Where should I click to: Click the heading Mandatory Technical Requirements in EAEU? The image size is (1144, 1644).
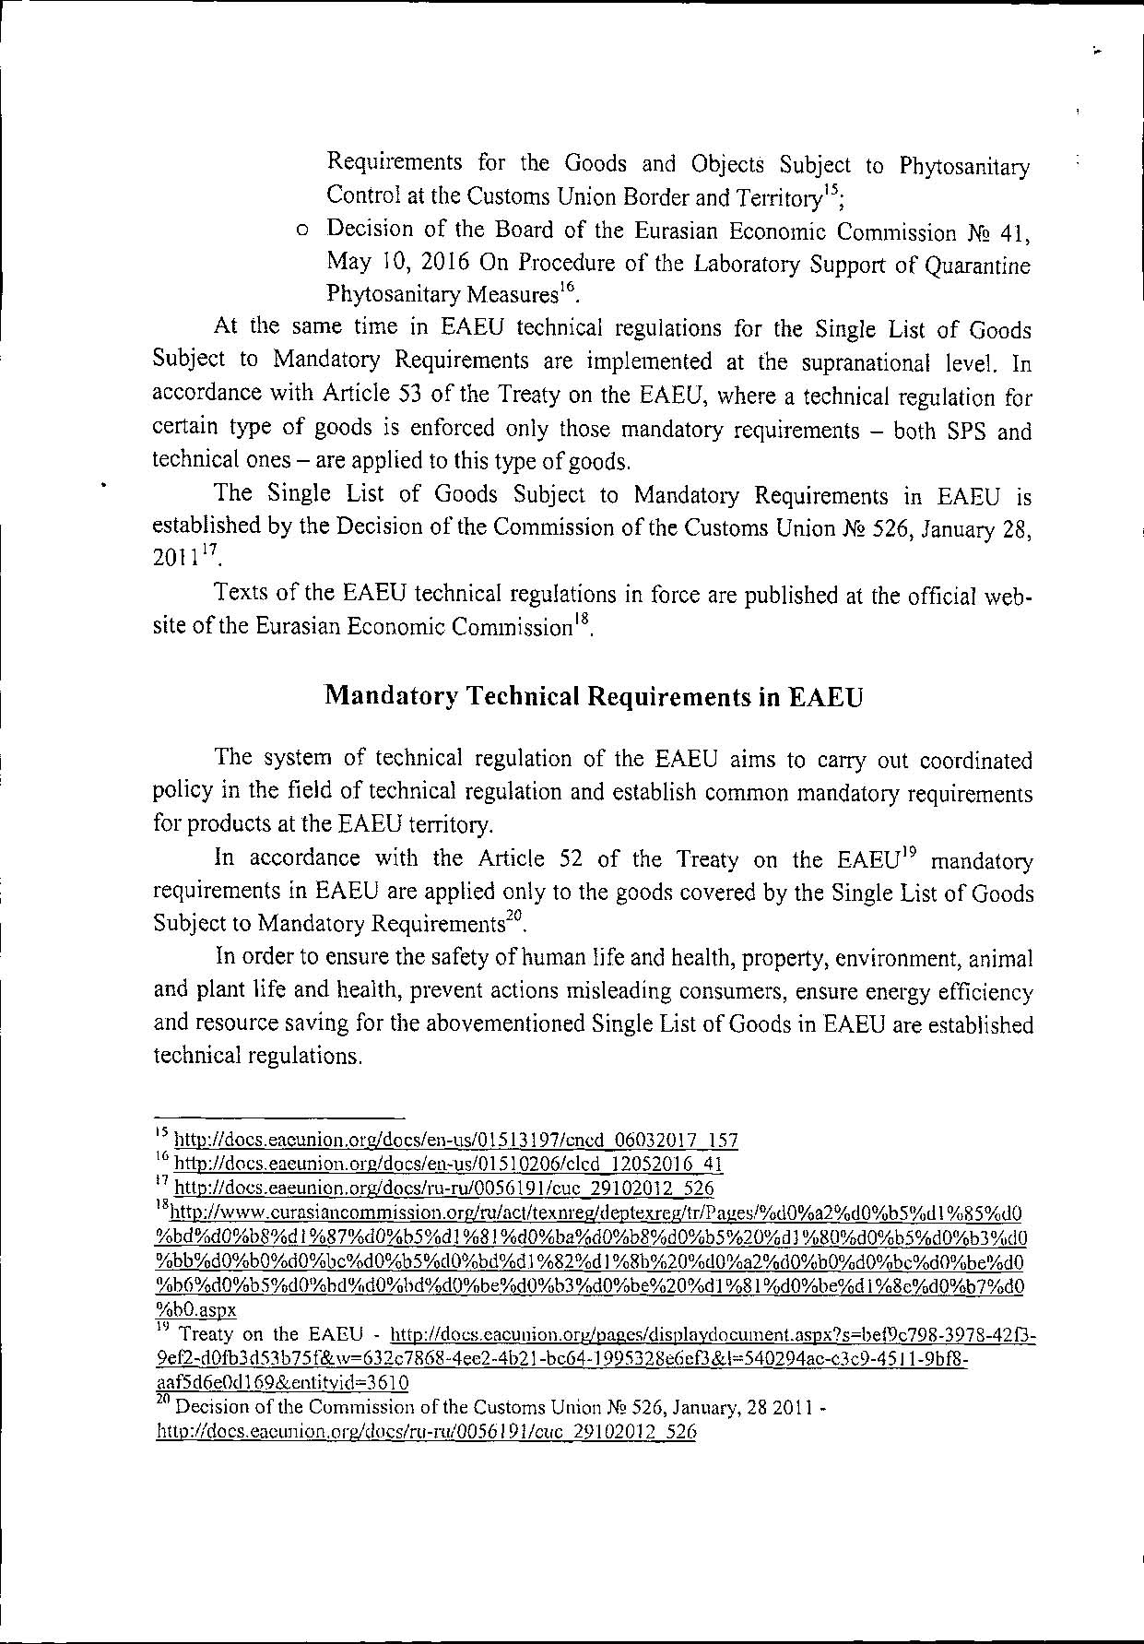pos(595,697)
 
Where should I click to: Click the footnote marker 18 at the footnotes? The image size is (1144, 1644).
pos(159,1207)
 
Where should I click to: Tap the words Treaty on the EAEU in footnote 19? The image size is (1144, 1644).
pos(277,1334)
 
